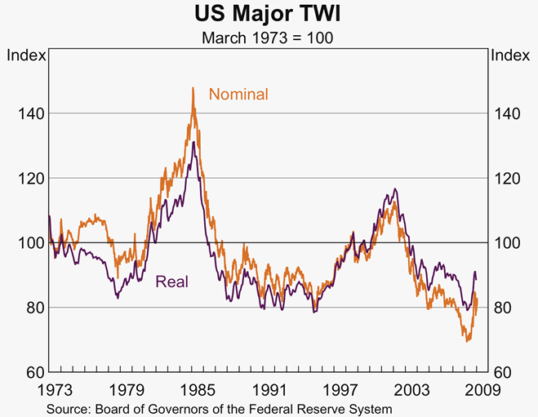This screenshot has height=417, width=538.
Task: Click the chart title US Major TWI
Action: tap(269, 15)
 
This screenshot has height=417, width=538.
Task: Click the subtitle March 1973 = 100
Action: tap(269, 38)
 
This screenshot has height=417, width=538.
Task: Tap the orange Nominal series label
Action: tap(238, 95)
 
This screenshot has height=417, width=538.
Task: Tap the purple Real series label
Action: tap(171, 282)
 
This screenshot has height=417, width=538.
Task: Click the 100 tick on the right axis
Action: tap(508, 243)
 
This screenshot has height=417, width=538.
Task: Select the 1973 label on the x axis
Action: tap(51, 389)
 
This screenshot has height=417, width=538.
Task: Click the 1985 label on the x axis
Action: tap(195, 389)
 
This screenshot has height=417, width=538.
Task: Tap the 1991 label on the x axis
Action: tap(269, 389)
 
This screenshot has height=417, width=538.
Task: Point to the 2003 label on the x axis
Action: tap(415, 389)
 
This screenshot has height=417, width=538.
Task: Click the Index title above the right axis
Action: tap(511, 55)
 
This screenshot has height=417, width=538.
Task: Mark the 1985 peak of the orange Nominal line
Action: tap(193, 88)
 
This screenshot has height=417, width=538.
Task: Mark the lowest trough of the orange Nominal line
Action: tap(468, 340)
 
